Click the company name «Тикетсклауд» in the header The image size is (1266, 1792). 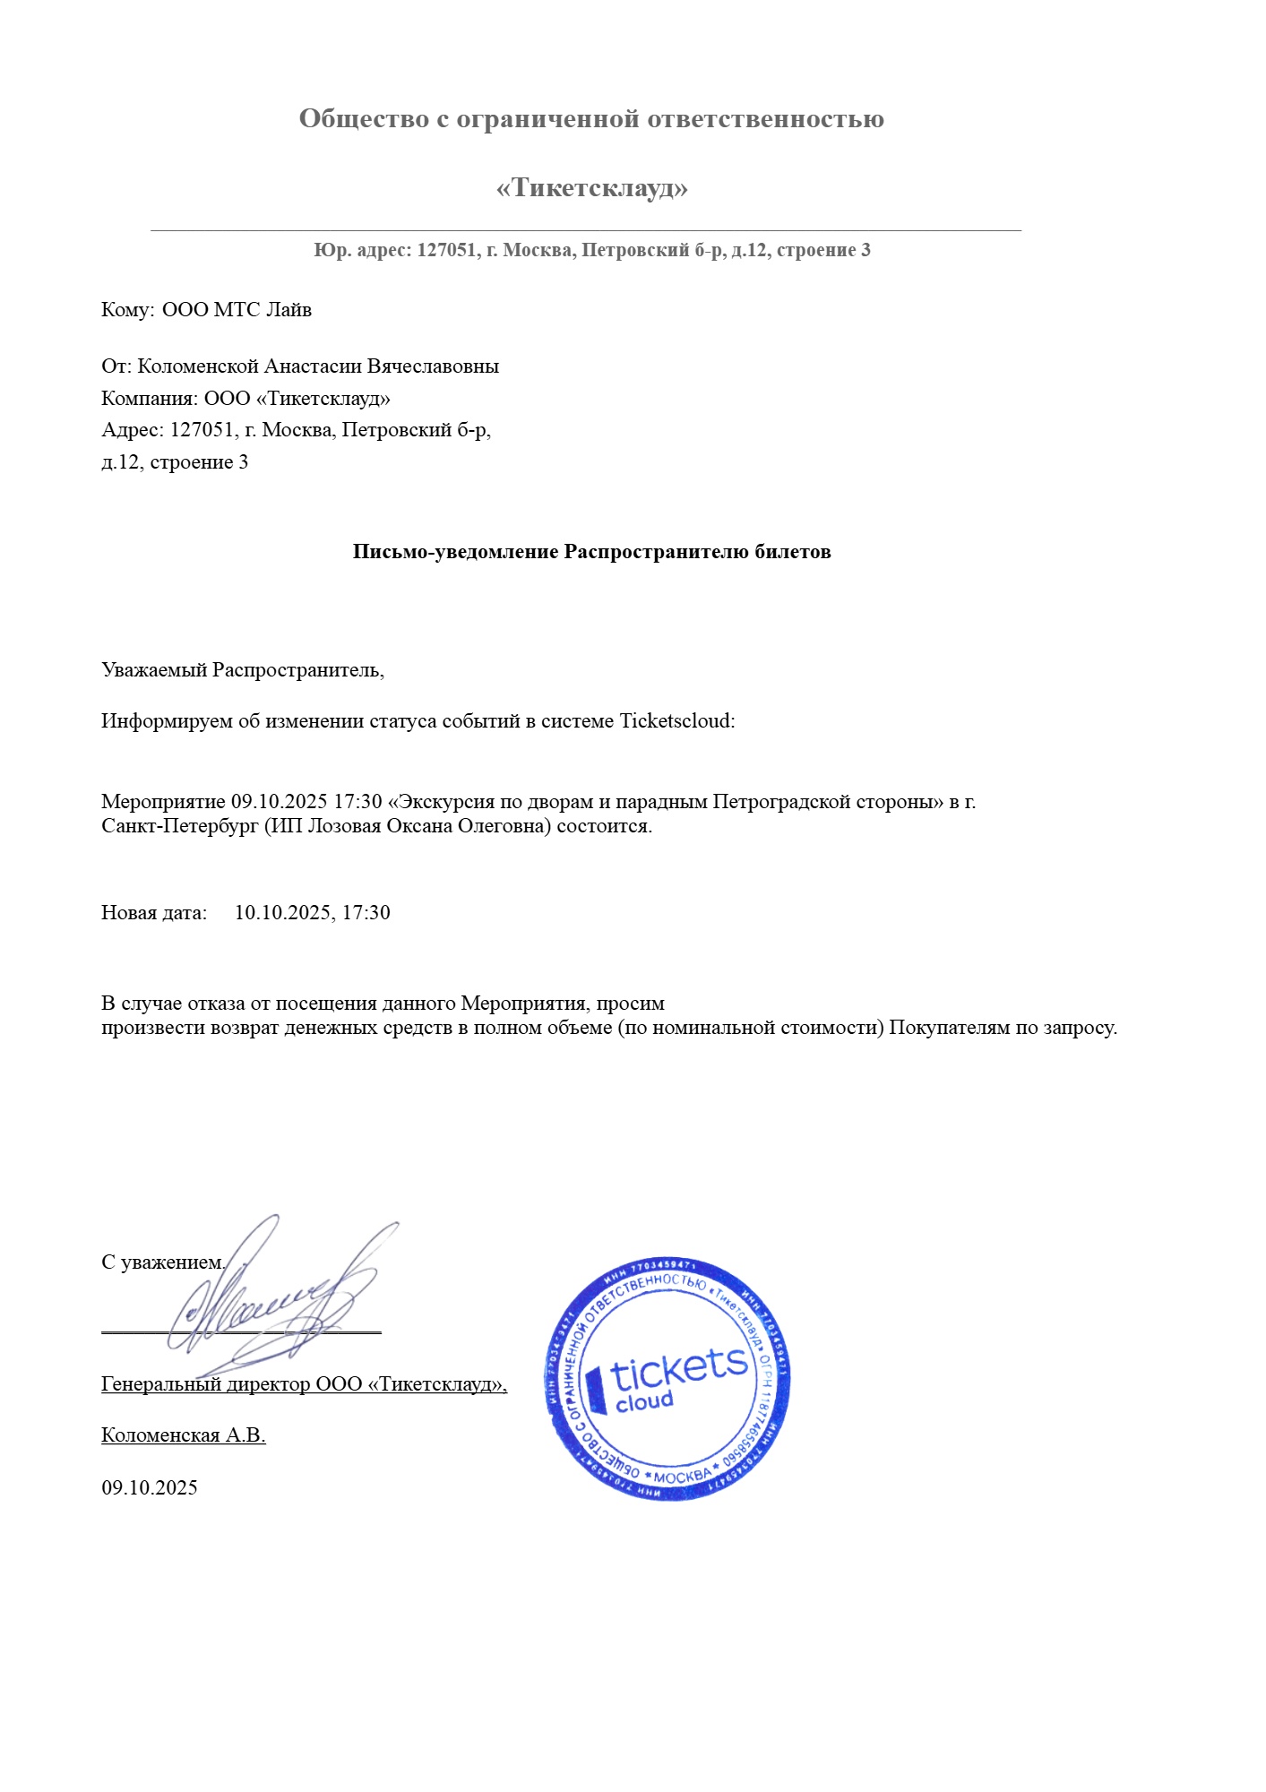[x=591, y=188]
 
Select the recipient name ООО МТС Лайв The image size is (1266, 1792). [x=237, y=310]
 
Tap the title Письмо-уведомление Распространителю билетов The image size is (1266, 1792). [x=591, y=552]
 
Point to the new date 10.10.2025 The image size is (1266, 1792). [x=283, y=913]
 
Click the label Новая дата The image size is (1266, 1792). [x=153, y=913]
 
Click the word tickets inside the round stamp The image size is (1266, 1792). [x=678, y=1368]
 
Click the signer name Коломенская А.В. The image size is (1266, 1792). [x=184, y=1435]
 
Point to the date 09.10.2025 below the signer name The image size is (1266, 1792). [x=150, y=1488]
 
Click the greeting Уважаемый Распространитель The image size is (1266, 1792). [x=242, y=670]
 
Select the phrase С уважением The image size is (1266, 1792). [x=162, y=1262]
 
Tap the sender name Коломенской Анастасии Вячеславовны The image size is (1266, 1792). [x=318, y=366]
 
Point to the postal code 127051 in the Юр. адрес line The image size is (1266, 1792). [x=446, y=251]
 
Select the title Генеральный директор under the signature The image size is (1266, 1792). [x=205, y=1384]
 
